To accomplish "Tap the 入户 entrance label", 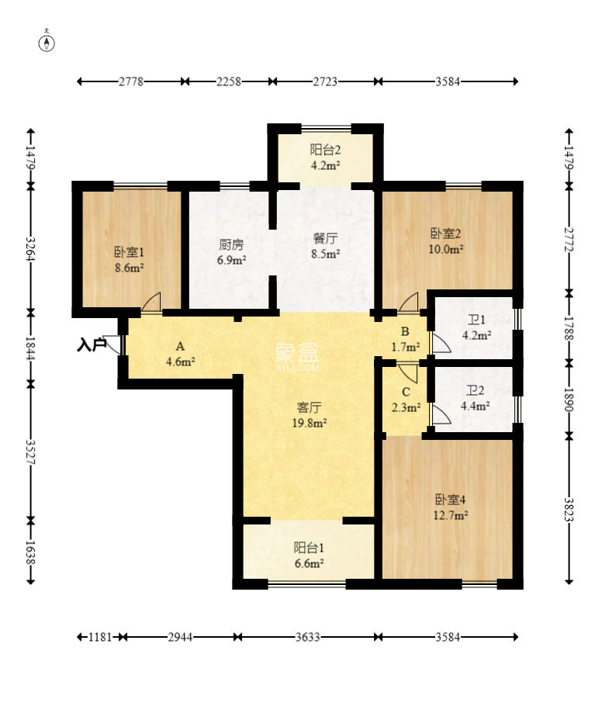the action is click(x=92, y=345).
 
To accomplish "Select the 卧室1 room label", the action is click(x=129, y=251).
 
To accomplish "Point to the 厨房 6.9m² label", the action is click(x=231, y=252).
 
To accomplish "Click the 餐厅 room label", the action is click(x=326, y=238).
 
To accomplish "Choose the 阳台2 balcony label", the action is click(x=326, y=150).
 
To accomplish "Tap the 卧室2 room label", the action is click(x=445, y=234).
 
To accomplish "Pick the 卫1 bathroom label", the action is click(x=476, y=320).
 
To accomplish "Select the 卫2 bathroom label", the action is click(x=476, y=390).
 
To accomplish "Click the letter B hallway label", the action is click(x=405, y=332).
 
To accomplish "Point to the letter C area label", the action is click(x=406, y=392).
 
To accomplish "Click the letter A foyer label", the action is click(x=181, y=347).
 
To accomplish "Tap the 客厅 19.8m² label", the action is click(x=309, y=415).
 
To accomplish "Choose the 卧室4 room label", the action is click(x=450, y=500).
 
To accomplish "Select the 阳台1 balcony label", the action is click(x=309, y=548).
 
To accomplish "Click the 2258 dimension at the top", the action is click(x=228, y=81).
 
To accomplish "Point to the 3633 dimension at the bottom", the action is click(x=308, y=637).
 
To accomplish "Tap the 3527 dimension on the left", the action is click(x=31, y=451).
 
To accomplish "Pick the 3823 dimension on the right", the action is click(x=569, y=509).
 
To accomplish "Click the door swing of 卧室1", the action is click(x=151, y=302).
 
